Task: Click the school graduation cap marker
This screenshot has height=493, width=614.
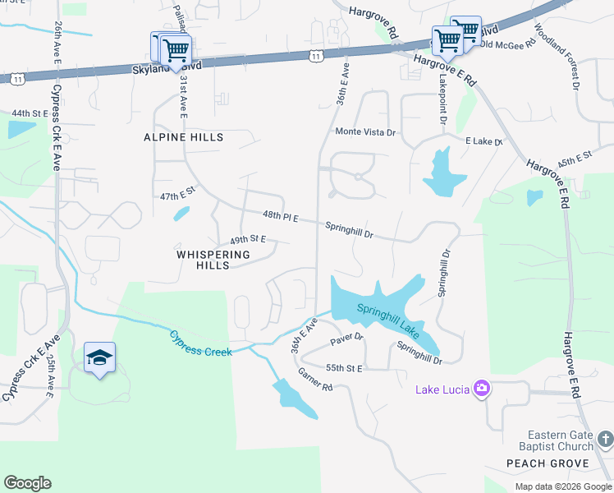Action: coord(99,357)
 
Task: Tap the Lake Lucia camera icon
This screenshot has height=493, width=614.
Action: coord(482,388)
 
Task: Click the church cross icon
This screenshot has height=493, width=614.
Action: coord(605,440)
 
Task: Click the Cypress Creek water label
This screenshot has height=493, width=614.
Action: coord(201,343)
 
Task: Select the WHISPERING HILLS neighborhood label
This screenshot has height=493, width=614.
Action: coord(213,260)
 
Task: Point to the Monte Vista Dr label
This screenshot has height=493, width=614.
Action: coord(365,131)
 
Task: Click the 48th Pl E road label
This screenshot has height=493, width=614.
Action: coord(281,216)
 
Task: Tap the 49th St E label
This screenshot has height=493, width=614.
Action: coord(247,239)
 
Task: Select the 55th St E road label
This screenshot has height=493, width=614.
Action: coord(344,368)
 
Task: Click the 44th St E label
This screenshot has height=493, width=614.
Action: coord(31,113)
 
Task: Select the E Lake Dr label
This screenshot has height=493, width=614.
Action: coord(483,141)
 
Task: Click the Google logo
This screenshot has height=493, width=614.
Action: coord(28,483)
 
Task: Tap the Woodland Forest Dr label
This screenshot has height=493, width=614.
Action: coord(557,55)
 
